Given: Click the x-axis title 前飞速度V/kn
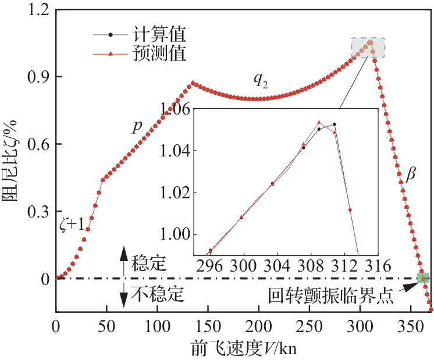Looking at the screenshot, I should pos(244,347).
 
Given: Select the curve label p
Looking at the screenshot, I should pos(137,127).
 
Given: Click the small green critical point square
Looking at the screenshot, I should pos(423,279).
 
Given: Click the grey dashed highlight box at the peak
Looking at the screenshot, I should pos(368,48).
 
